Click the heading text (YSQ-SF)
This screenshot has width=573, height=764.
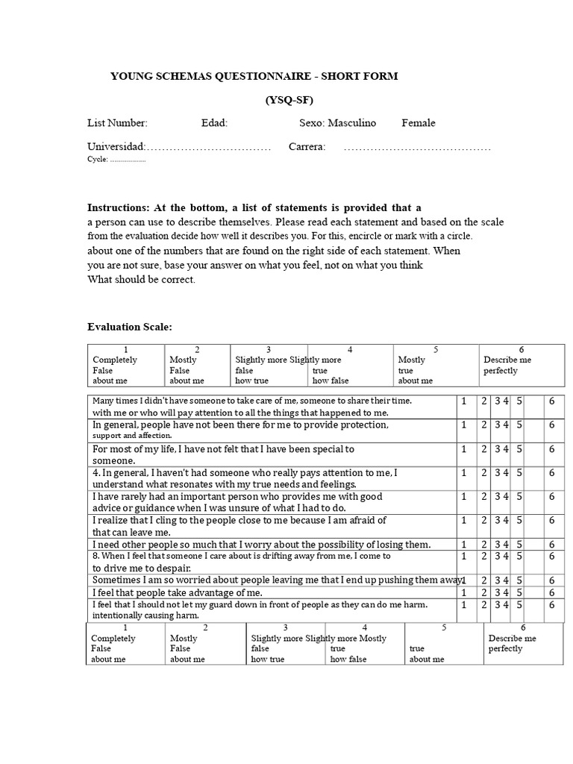(289, 99)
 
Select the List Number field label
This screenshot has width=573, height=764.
(117, 123)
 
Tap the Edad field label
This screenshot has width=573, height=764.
(214, 123)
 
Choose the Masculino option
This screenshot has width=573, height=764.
(352, 123)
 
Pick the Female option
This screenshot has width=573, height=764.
(419, 123)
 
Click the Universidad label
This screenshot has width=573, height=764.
(116, 147)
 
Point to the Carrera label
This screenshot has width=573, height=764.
(307, 147)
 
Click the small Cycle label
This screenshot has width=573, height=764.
(98, 159)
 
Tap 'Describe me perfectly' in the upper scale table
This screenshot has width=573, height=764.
(507, 365)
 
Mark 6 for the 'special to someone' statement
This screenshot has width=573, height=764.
(552, 449)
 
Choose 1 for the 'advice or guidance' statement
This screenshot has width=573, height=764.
(463, 497)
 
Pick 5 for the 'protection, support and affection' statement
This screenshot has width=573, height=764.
(519, 425)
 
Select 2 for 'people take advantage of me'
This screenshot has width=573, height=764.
(484, 592)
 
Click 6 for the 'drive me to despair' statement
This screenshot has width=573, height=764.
(552, 557)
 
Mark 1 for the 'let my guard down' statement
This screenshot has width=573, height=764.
(463, 605)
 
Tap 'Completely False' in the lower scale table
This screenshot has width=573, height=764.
(113, 644)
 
